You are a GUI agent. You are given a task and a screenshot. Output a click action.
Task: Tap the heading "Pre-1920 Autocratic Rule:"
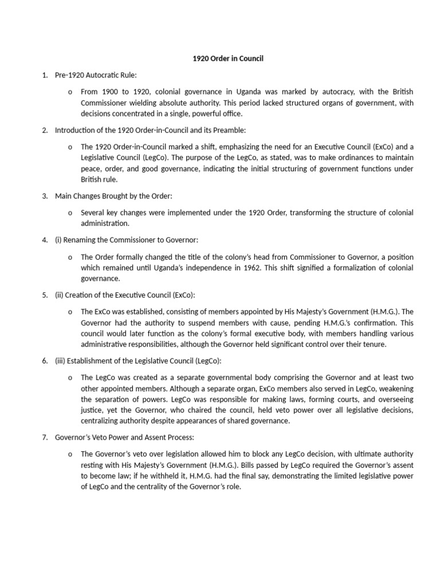coord(96,75)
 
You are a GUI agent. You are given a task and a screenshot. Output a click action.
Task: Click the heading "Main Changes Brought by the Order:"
coord(113,196)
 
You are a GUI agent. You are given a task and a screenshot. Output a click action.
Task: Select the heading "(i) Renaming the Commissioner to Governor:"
coord(127,240)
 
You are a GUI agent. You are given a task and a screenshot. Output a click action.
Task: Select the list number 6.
coord(45,361)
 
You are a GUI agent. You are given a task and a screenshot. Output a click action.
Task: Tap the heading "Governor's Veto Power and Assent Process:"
coord(124,438)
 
